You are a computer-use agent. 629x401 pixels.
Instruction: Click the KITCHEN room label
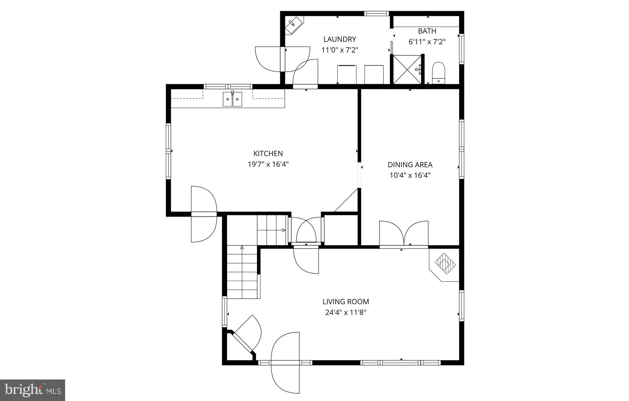click(x=268, y=153)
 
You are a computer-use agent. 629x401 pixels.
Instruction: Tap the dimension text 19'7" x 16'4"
click(x=268, y=164)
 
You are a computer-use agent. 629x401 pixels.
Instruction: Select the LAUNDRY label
click(x=340, y=39)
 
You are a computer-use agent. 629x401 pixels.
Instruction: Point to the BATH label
click(x=427, y=31)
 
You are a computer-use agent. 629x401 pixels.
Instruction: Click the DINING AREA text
click(x=410, y=165)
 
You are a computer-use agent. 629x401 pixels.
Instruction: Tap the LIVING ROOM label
click(x=346, y=302)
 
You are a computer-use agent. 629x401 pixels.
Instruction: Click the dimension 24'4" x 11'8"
click(x=346, y=313)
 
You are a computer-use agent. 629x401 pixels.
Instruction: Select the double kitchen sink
click(x=232, y=99)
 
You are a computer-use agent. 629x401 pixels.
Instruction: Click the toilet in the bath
click(x=438, y=73)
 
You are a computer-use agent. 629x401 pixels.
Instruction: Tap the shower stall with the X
click(x=407, y=69)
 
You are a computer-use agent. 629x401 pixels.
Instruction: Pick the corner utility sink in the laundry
click(x=293, y=24)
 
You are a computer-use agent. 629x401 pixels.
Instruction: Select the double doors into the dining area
click(x=403, y=234)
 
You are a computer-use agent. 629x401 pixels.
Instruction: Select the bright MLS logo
click(x=32, y=390)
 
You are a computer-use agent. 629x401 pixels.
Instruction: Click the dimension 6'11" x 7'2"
click(x=427, y=42)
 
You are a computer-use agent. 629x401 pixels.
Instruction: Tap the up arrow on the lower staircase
click(x=242, y=247)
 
